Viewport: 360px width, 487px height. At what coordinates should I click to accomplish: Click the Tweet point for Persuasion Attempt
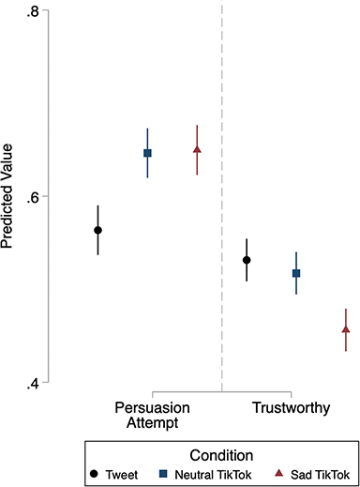point(97,230)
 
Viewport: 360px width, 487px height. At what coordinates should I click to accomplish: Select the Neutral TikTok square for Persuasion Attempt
point(147,153)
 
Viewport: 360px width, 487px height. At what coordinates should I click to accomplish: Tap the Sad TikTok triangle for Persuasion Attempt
point(197,150)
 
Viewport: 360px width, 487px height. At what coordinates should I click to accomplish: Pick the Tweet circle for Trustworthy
point(247,260)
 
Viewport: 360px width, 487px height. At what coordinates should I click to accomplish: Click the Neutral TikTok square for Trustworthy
point(296,273)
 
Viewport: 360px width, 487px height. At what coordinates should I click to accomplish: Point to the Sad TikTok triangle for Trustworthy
point(346,329)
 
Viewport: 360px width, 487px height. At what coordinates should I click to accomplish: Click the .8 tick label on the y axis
point(32,11)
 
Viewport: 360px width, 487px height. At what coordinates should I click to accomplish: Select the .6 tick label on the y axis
point(32,197)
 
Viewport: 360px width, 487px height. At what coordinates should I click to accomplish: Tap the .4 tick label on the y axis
point(32,383)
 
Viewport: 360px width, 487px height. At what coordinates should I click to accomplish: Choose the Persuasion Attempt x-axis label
point(153,415)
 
